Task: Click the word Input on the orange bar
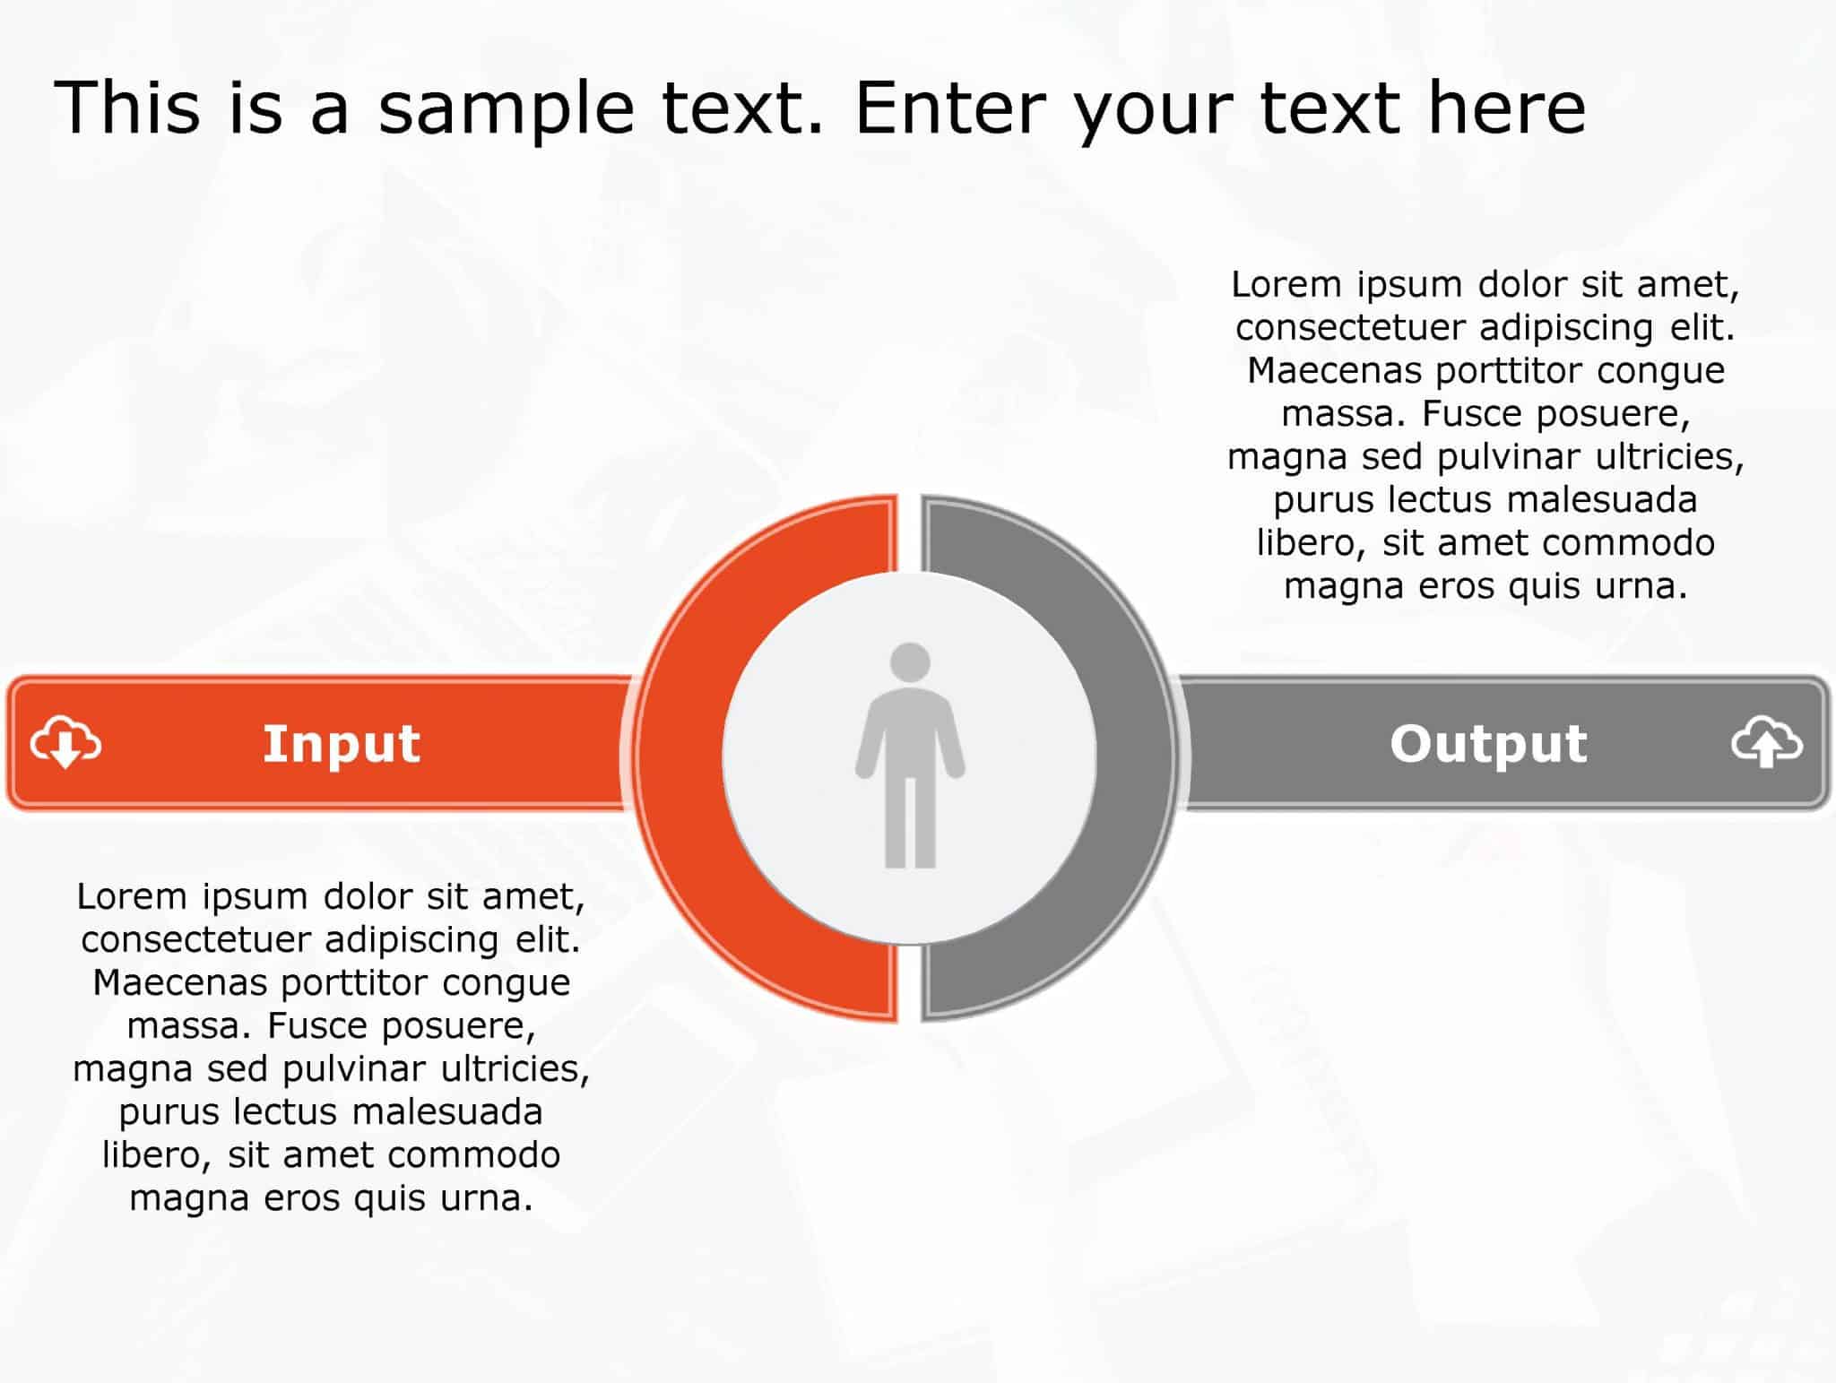coord(341,744)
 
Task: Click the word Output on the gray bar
coord(1488,744)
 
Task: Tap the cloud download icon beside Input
coord(65,742)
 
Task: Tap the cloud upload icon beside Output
coord(1766,742)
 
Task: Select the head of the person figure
coord(910,661)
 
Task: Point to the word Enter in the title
coord(951,108)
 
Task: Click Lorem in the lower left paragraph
coord(132,897)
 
